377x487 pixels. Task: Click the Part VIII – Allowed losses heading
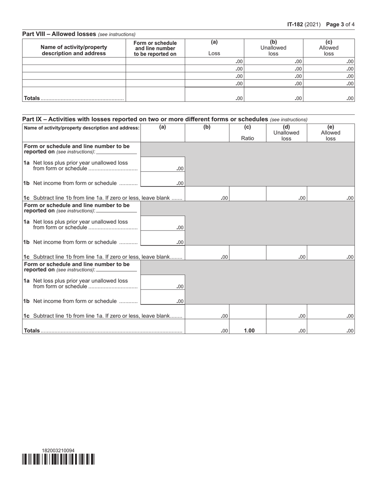59,34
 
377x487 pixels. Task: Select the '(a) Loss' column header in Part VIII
214,48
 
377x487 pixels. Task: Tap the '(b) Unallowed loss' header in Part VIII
273,48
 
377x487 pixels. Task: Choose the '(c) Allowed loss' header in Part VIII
329,48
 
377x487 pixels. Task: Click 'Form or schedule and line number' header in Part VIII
155,48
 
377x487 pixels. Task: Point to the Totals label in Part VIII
32,98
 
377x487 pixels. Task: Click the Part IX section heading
145,119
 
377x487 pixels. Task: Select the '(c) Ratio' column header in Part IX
248,133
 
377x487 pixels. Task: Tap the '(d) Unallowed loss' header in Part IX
286,133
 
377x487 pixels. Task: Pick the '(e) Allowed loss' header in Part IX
331,133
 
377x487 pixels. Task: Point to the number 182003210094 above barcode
58,451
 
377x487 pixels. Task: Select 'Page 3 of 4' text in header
340,25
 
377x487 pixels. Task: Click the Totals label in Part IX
32,331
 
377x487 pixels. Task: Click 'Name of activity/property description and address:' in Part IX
82,128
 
